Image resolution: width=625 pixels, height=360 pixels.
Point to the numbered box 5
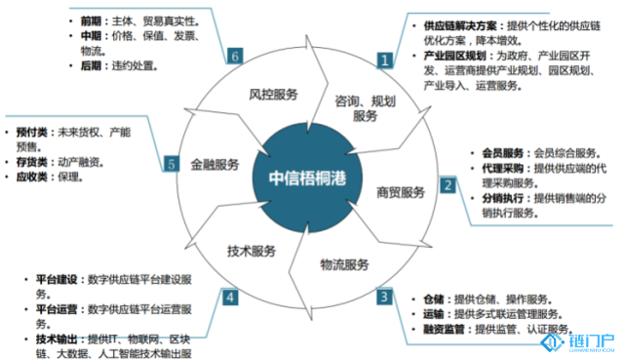click(x=171, y=164)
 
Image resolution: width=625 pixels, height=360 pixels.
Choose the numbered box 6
click(x=235, y=56)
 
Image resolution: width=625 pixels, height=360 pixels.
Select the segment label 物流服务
click(x=344, y=264)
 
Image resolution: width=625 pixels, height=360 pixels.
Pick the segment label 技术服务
click(x=252, y=250)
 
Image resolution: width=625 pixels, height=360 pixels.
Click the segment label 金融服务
click(x=215, y=164)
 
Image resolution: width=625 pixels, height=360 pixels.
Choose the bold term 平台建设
click(x=56, y=278)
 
